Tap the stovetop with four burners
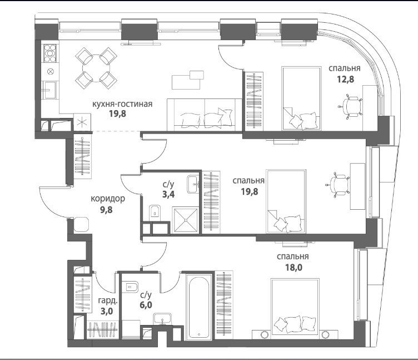tap(50, 53)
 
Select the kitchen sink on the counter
tap(49, 90)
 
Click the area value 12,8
tap(346, 79)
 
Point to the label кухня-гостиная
tap(122, 104)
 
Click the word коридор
tap(108, 199)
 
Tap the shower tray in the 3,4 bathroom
tap(186, 220)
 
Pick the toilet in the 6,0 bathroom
tap(131, 287)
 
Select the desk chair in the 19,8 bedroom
tap(338, 185)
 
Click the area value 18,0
tap(293, 267)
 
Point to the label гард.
tap(107, 301)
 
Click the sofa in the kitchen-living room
tap(205, 115)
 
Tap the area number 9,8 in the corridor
tap(106, 210)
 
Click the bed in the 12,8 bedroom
tap(301, 98)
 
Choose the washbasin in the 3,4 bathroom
tap(193, 184)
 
